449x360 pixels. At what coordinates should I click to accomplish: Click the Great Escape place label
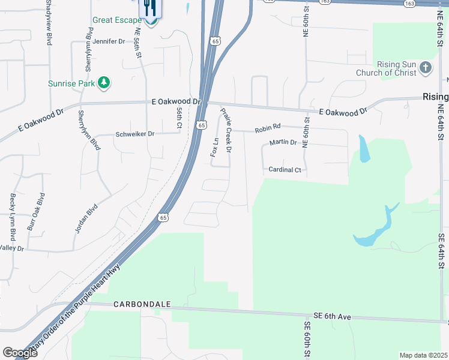tap(116, 20)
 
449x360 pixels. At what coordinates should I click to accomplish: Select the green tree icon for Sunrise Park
tap(104, 83)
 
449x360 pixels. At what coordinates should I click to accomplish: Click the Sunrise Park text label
tap(71, 83)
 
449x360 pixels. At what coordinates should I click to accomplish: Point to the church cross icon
tap(426, 67)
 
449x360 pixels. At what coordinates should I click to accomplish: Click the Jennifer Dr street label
tap(109, 41)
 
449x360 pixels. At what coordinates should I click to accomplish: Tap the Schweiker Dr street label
tap(134, 134)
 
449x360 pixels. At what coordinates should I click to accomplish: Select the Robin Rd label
tap(267, 128)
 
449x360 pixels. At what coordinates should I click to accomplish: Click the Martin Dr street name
tap(283, 142)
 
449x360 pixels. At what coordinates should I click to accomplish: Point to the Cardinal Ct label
tap(285, 170)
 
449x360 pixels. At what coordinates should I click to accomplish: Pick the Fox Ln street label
tap(214, 147)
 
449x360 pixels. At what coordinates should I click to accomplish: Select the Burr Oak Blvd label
tap(35, 212)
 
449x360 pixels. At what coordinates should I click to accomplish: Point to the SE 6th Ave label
tap(333, 316)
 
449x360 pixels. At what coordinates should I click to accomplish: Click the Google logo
tap(20, 353)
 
